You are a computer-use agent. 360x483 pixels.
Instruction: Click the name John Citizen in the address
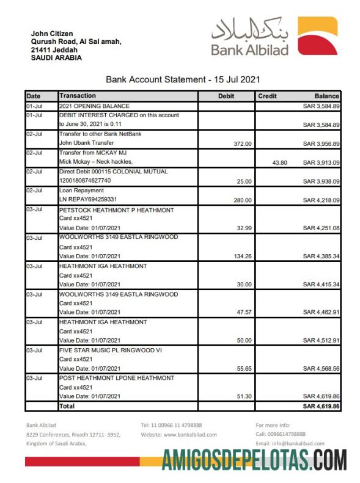pos(51,34)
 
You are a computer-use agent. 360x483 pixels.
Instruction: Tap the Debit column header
pos(226,96)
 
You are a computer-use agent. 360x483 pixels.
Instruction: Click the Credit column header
pos(267,96)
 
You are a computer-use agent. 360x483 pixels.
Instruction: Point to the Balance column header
pos(326,96)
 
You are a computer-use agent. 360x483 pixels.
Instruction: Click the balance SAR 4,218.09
pos(321,200)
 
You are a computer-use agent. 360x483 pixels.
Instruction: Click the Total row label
pos(67,405)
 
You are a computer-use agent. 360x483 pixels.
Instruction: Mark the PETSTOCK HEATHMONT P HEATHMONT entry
pos(116,209)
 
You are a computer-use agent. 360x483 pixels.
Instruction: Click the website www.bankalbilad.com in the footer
pos(178,434)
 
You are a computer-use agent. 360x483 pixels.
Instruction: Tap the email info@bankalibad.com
pos(290,443)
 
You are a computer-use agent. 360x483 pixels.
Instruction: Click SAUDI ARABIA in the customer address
pos(56,57)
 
